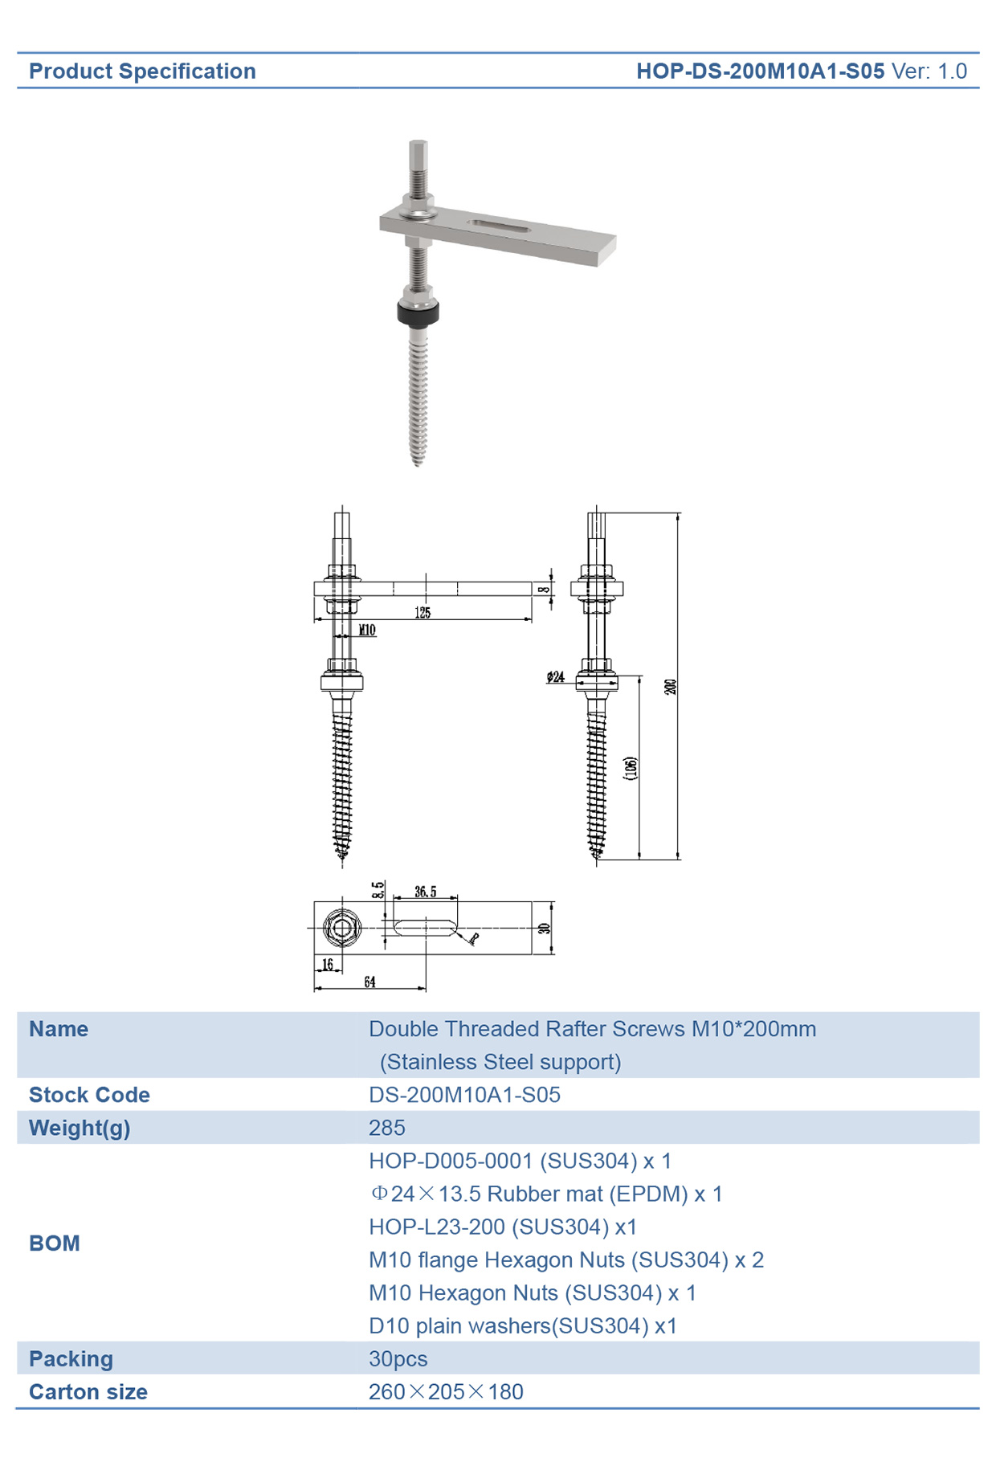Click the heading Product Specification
[142, 71]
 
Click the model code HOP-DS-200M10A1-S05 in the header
[760, 71]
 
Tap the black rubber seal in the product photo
[418, 313]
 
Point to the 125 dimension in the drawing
[422, 613]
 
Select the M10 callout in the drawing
[367, 630]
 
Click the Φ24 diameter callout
[555, 677]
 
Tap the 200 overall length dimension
[670, 687]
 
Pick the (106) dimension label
[631, 768]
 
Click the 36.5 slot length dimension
[426, 892]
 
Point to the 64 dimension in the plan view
[369, 982]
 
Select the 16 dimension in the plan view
[327, 964]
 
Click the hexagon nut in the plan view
[341, 928]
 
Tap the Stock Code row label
[89, 1095]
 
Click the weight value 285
[386, 1128]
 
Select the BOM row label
[55, 1243]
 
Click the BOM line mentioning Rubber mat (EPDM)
[546, 1194]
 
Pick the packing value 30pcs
[398, 1359]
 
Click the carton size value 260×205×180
[446, 1392]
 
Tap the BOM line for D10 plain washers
[523, 1326]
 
